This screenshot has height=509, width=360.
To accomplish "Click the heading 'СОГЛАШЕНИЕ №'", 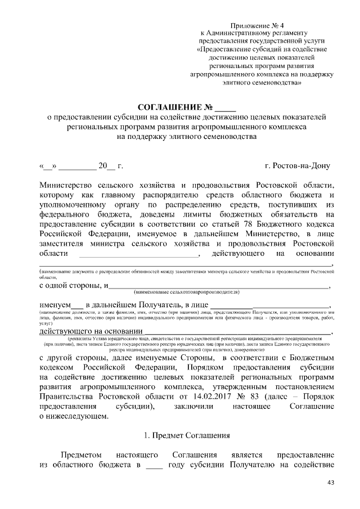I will pos(175,107).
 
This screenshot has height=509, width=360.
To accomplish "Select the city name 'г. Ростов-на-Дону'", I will pos(298,166).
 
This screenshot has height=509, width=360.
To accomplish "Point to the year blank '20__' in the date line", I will pos(106,166).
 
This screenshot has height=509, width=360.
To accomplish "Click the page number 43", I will pos(330,483).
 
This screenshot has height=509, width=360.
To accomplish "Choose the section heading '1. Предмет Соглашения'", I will pos(179,435).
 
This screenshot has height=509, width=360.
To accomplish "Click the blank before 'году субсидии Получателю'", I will pos(154,465).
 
